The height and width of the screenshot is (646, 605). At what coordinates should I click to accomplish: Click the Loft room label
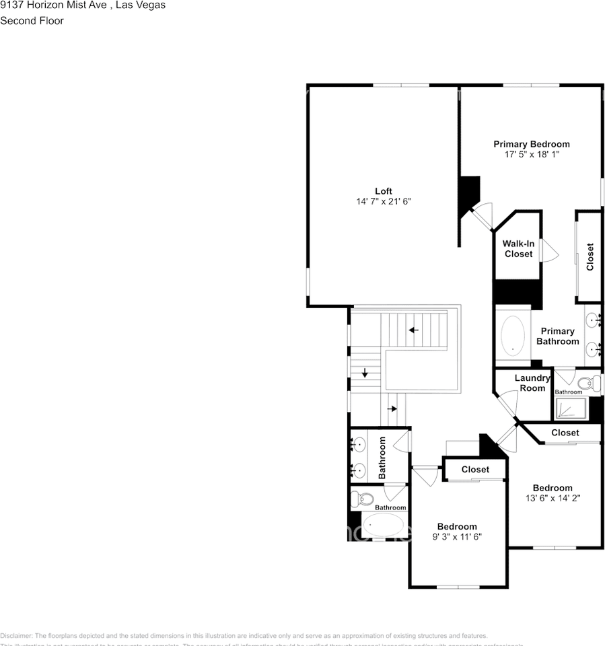[x=383, y=191]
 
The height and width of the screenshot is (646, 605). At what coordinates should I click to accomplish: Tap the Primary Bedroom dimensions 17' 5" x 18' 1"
[x=532, y=154]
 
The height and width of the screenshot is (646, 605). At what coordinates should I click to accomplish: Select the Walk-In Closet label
[x=518, y=249]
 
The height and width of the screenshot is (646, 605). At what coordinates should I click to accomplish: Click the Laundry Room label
[x=532, y=383]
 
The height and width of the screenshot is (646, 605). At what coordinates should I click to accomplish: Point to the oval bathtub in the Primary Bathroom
[x=514, y=334]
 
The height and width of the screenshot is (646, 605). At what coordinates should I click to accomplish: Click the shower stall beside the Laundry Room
[x=570, y=409]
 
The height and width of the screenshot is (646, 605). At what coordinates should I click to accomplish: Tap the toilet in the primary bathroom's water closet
[x=589, y=384]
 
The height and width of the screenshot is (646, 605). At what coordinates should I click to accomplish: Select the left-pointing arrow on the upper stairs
[x=413, y=330]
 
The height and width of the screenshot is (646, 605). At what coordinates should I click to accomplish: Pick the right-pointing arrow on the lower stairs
[x=392, y=408]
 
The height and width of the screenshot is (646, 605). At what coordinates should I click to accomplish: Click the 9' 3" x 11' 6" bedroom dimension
[x=457, y=536]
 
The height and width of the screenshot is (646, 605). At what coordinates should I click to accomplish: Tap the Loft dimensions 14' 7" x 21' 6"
[x=383, y=201]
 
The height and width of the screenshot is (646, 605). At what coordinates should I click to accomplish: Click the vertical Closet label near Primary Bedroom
[x=590, y=257]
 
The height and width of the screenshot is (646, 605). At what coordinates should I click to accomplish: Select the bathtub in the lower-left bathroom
[x=383, y=524]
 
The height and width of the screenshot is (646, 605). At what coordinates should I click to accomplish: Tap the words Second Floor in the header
[x=32, y=21]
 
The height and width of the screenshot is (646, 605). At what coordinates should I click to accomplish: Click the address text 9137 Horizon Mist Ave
[x=51, y=5]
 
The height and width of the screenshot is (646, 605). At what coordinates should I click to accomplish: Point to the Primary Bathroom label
[x=557, y=336]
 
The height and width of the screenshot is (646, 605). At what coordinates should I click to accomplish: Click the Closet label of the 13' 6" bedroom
[x=565, y=433]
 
